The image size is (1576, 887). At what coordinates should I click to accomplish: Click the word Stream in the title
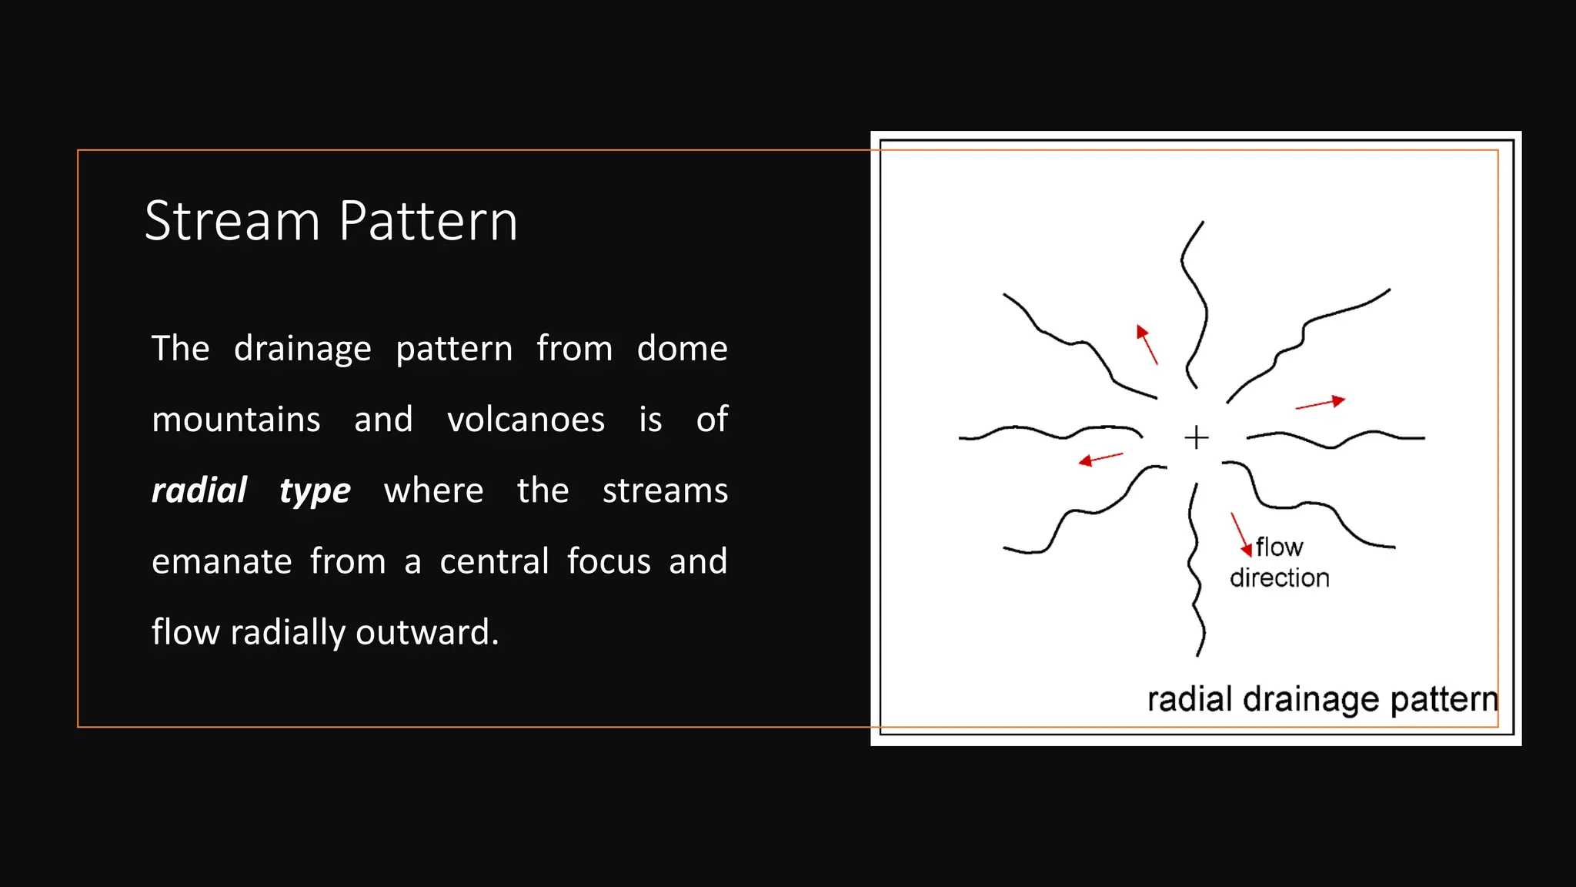click(x=232, y=221)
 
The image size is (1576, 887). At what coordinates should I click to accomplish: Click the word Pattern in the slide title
click(x=428, y=221)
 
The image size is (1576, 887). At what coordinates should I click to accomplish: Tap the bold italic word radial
click(x=199, y=490)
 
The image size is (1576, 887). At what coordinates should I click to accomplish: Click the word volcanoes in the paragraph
click(x=526, y=420)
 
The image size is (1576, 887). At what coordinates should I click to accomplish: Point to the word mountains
click(x=235, y=420)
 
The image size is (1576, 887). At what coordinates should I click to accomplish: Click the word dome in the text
click(x=682, y=348)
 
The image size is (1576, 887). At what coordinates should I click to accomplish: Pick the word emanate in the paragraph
click(x=222, y=561)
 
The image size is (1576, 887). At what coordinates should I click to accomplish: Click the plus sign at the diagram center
click(x=1196, y=437)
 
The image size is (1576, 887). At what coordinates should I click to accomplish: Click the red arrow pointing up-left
click(x=1147, y=343)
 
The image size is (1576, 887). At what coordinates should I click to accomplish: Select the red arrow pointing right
click(x=1321, y=403)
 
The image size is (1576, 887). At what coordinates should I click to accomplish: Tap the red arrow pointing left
click(x=1100, y=459)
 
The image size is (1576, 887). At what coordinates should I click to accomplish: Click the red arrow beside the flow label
click(x=1240, y=534)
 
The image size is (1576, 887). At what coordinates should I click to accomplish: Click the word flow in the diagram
click(x=1279, y=547)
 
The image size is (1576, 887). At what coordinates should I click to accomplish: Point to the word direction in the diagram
click(x=1279, y=577)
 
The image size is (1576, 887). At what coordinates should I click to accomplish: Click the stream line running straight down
click(x=1194, y=570)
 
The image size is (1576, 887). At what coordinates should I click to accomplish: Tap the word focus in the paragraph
click(x=609, y=561)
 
